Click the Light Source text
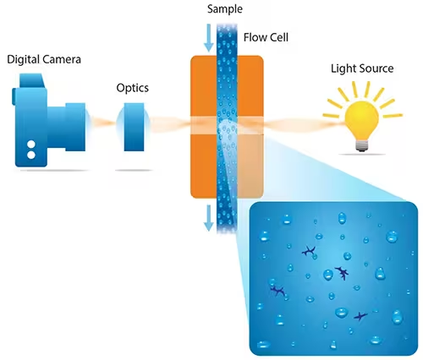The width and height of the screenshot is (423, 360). tap(360, 68)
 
